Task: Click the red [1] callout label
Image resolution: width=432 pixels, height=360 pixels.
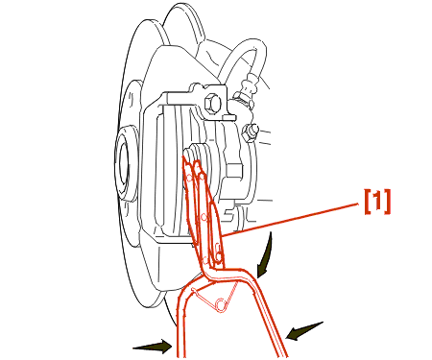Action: (x=377, y=201)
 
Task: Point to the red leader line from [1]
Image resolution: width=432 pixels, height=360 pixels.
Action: (x=290, y=220)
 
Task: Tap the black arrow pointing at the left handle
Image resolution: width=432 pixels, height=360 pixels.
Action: (x=153, y=347)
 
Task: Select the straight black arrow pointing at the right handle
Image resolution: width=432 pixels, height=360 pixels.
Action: (x=304, y=331)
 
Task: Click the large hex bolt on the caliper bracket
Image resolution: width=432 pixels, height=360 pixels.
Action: (x=212, y=104)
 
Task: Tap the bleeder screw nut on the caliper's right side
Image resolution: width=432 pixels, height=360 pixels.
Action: (x=250, y=132)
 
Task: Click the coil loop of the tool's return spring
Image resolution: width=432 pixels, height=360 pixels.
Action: (x=221, y=304)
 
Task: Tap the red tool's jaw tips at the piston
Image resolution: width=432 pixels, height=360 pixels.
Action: (x=192, y=165)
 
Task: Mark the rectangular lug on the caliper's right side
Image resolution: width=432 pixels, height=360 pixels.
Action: (x=234, y=171)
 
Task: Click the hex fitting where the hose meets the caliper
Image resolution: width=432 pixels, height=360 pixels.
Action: (x=244, y=99)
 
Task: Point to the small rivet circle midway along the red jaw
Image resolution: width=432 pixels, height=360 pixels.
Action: (x=204, y=218)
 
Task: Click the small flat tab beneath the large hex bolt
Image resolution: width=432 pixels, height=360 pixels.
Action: (x=229, y=118)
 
